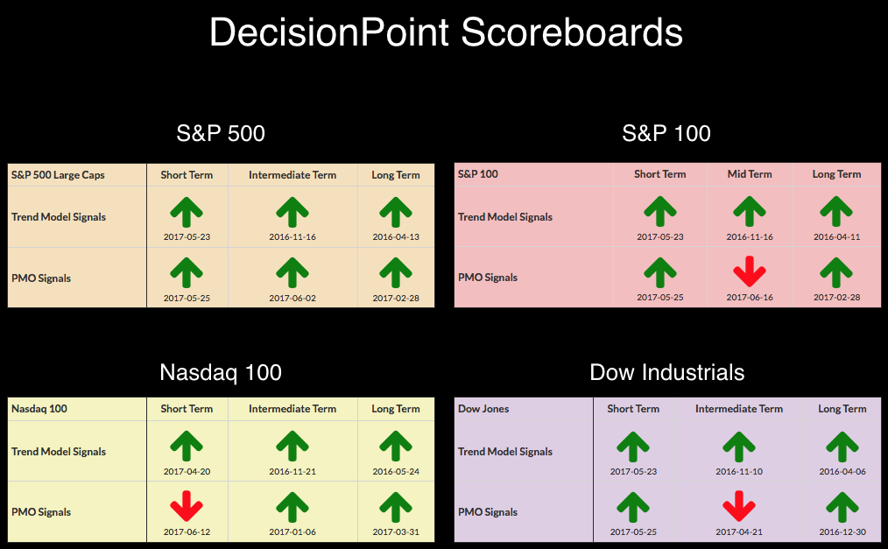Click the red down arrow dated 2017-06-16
(750, 271)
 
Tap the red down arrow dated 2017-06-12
(187, 505)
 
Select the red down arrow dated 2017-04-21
(739, 505)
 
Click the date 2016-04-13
(396, 236)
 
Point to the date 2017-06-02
(292, 298)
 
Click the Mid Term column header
(750, 174)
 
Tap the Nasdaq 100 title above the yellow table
(221, 372)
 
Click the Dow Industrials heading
(667, 372)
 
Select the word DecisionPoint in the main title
(329, 32)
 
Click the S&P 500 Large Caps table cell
(58, 175)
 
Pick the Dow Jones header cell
(483, 409)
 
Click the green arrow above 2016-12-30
(842, 507)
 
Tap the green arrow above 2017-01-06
(292, 507)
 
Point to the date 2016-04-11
(836, 236)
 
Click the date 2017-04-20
(187, 471)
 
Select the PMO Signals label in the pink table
(488, 278)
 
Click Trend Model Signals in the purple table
(505, 452)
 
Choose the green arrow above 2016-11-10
(739, 447)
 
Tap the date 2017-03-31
(396, 532)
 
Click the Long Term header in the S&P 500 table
(396, 175)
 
